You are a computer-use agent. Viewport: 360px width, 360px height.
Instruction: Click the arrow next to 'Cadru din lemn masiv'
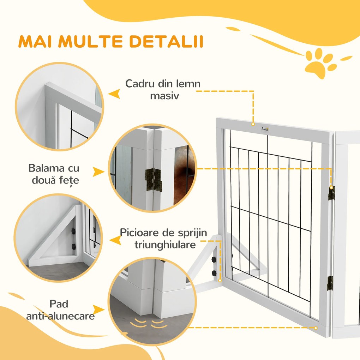[114, 94]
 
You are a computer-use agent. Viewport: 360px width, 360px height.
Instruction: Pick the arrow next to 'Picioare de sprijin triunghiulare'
[114, 240]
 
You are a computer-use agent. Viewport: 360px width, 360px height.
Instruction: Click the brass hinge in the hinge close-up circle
[153, 175]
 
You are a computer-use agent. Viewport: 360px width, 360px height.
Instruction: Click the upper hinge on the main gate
[331, 193]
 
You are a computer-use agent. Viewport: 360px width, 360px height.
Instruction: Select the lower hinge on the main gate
[330, 282]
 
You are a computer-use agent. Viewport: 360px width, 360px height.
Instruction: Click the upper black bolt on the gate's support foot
[214, 260]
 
